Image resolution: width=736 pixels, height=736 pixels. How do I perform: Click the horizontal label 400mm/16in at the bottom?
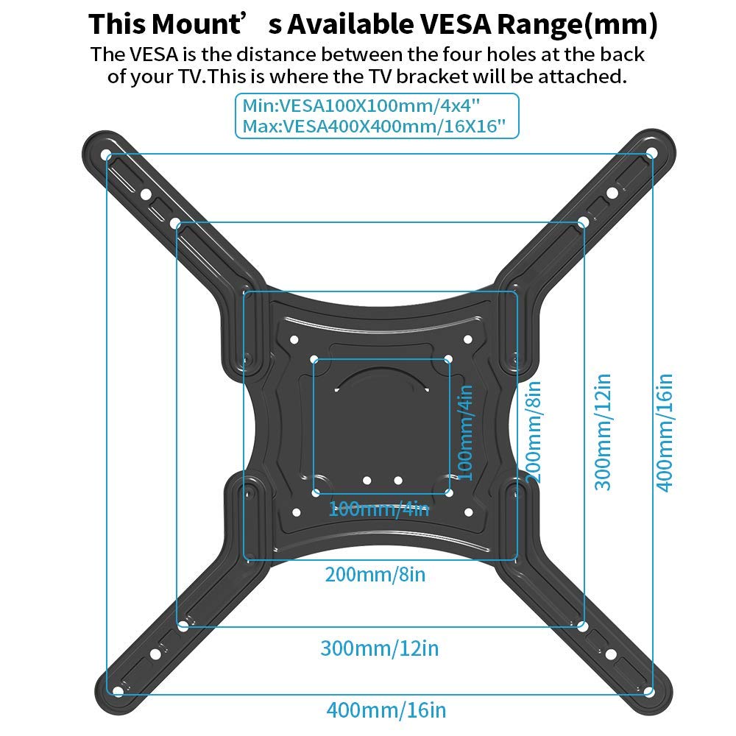coord(386,710)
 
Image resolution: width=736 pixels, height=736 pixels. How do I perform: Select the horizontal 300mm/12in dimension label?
coord(379,648)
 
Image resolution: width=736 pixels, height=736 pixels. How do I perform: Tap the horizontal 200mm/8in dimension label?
coord(375,574)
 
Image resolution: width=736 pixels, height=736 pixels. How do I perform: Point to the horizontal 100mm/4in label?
coord(378,508)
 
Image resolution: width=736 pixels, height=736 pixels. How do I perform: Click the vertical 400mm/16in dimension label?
coord(665,433)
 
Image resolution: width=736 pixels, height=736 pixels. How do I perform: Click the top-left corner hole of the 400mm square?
coord(109,156)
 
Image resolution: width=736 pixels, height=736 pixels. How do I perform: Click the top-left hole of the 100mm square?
coord(315,361)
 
